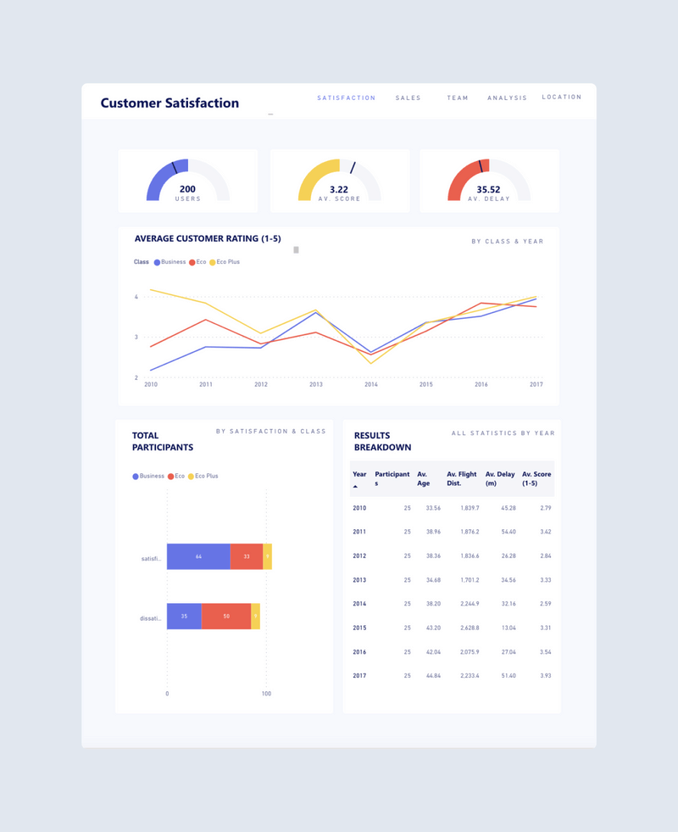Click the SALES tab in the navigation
click(x=408, y=98)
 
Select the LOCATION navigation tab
click(x=562, y=98)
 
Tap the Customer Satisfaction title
click(x=169, y=103)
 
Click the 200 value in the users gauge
click(x=187, y=189)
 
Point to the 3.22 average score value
click(x=339, y=189)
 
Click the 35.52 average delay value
click(x=488, y=189)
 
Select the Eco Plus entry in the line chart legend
click(x=225, y=262)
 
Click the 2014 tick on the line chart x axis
click(x=371, y=384)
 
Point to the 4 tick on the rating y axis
click(x=136, y=297)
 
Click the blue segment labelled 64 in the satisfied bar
click(x=198, y=556)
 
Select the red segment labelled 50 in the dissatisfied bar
click(x=226, y=616)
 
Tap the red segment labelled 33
click(x=247, y=556)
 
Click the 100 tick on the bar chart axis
click(x=266, y=694)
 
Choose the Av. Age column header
click(x=424, y=479)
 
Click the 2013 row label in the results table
click(x=360, y=580)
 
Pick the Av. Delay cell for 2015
click(x=508, y=628)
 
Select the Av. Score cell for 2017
click(x=545, y=675)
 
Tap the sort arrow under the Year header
click(x=356, y=487)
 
